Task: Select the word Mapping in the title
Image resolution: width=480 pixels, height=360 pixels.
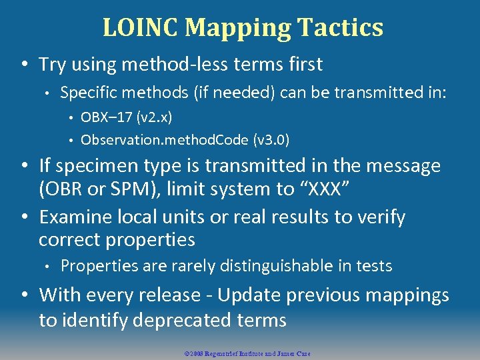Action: click(238, 28)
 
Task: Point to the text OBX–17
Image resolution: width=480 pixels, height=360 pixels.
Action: click(106, 118)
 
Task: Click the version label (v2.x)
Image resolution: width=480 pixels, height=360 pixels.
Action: click(154, 118)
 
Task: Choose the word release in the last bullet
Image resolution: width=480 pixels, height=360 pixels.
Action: click(165, 295)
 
